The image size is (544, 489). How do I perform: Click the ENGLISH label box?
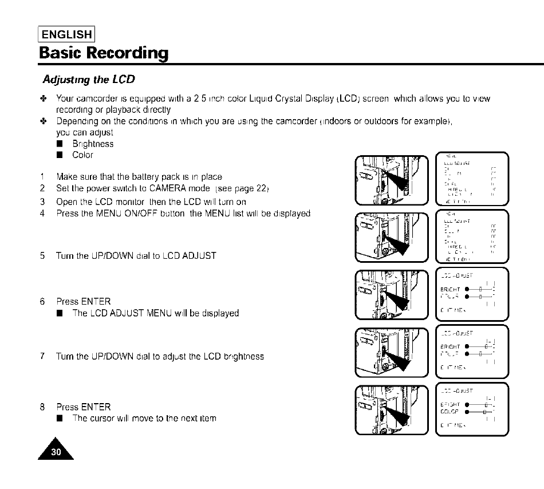tap(66, 34)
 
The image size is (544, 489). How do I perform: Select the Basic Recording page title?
tap(104, 53)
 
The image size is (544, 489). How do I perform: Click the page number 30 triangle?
tap(57, 453)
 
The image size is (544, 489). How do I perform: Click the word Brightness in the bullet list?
tap(93, 144)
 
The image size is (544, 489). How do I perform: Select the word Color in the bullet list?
tap(82, 155)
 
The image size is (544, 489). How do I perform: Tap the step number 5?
tap(42, 255)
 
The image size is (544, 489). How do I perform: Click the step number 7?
tap(42, 356)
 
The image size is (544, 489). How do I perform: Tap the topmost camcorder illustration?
tap(391, 179)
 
